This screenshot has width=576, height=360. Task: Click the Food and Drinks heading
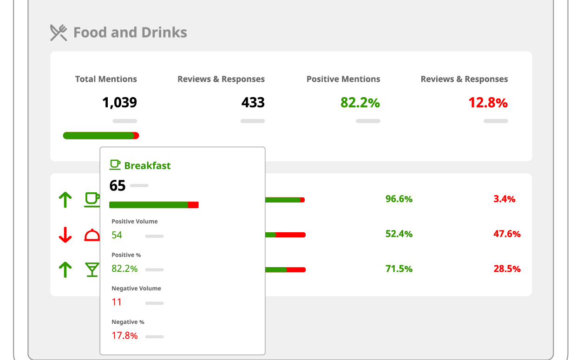130,33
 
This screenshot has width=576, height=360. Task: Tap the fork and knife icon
59,33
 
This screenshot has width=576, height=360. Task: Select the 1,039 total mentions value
119,103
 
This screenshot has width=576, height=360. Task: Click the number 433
253,103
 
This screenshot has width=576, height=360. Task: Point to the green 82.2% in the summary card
360,103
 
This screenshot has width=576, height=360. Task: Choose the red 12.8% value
488,103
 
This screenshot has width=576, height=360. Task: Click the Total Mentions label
106,79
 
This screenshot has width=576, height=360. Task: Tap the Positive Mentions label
343,79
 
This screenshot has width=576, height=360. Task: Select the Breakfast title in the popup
147,165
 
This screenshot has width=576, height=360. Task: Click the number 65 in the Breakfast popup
118,186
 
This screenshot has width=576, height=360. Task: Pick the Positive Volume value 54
117,235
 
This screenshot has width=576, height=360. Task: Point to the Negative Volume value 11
117,302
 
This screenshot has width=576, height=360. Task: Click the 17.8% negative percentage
124,335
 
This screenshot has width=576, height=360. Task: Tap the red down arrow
65,235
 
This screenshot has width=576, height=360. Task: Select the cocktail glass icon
92,269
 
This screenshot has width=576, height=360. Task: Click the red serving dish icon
92,235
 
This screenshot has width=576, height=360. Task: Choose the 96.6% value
399,199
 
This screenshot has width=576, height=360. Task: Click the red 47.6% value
507,234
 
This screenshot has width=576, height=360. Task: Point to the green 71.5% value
399,268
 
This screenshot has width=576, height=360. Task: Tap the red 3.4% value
504,199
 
